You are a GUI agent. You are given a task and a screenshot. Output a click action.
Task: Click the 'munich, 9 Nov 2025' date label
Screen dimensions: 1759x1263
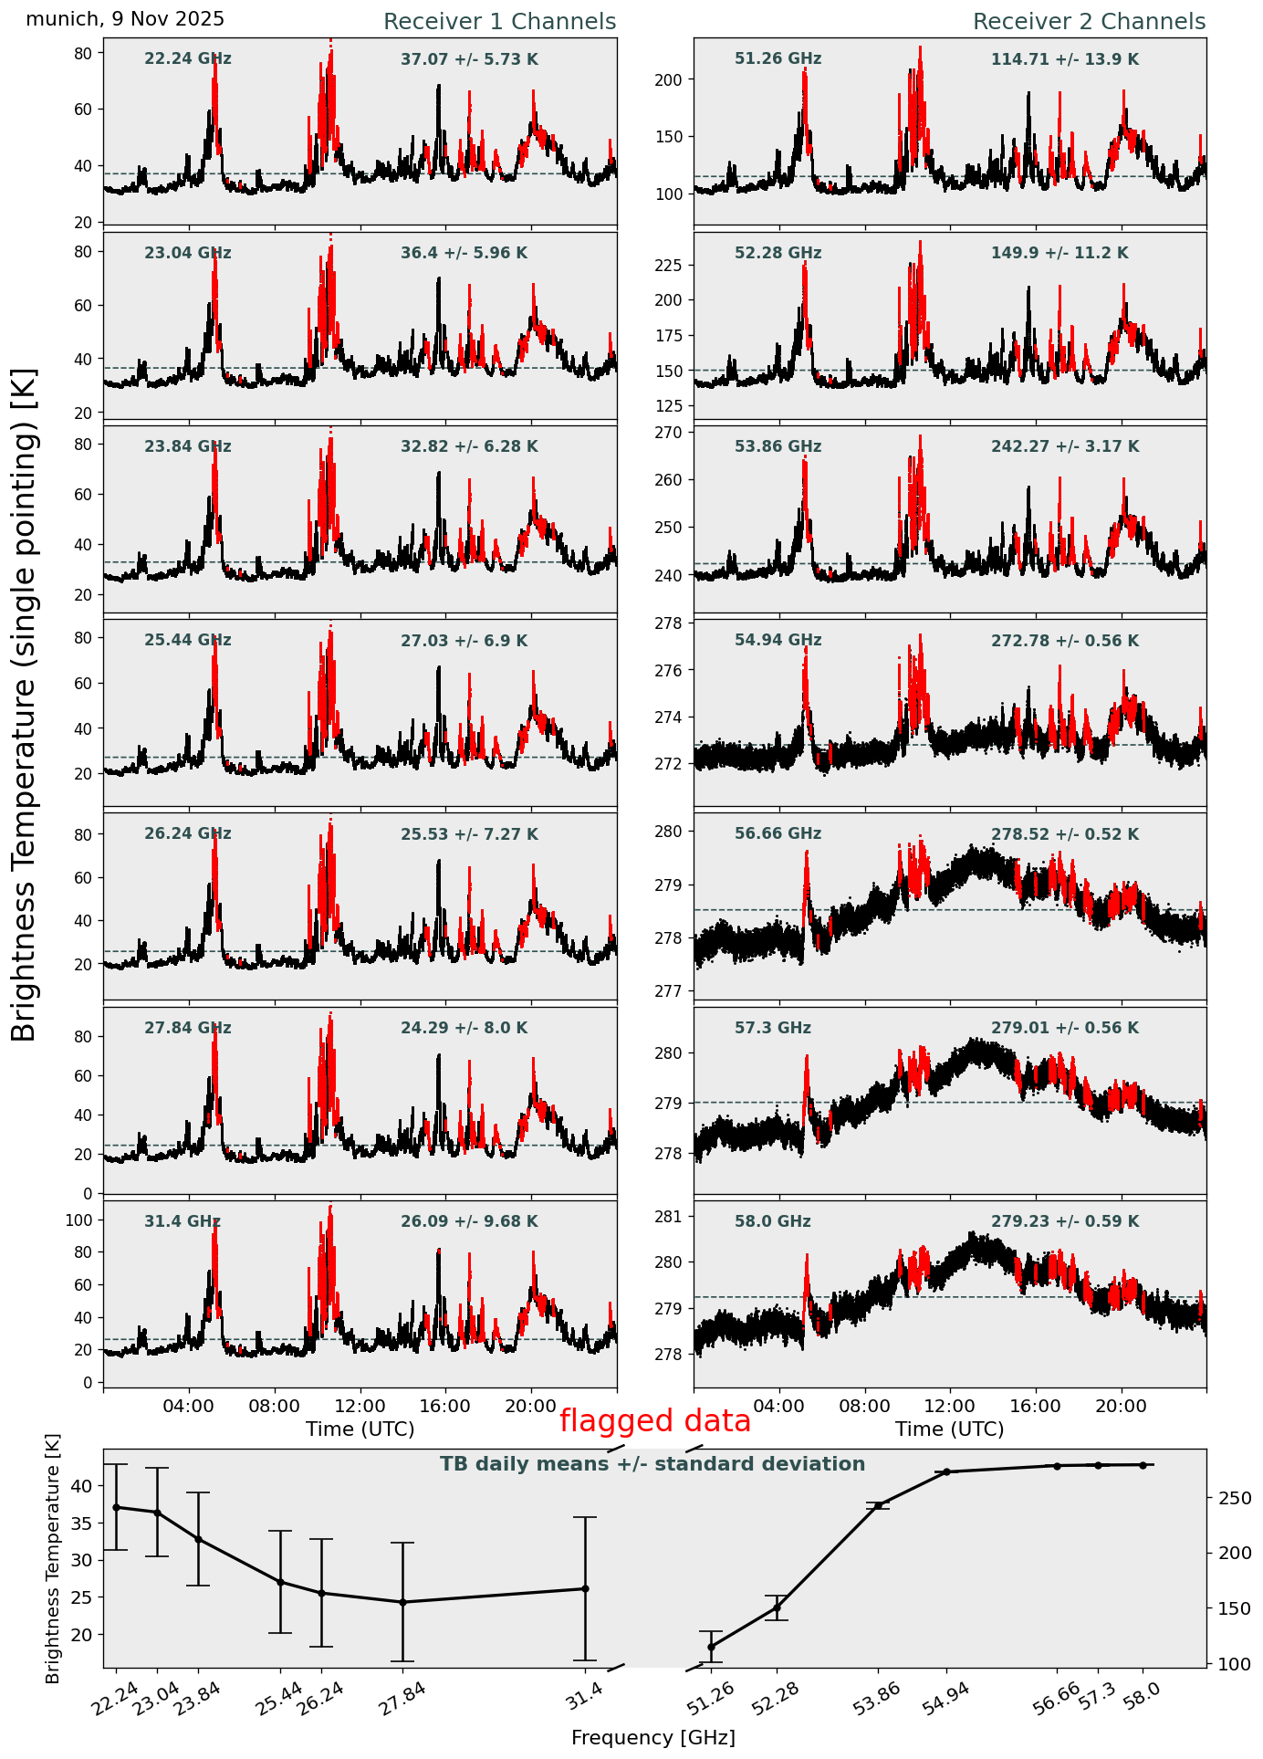[125, 19]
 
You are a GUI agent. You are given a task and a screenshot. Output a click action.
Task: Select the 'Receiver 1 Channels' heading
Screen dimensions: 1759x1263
[499, 22]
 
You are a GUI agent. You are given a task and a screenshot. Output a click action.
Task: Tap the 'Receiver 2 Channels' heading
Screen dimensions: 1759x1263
[1089, 22]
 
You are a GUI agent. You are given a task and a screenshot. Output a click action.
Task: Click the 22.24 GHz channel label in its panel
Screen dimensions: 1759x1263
[188, 59]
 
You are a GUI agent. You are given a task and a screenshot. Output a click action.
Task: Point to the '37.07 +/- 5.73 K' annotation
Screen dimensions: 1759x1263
[469, 59]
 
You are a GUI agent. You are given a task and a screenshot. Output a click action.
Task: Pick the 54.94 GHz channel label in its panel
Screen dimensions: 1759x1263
[778, 641]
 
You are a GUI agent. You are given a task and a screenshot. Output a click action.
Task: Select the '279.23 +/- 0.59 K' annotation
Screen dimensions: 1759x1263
[1065, 1221]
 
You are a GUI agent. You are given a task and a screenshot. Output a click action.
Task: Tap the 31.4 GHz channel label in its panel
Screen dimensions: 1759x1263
[183, 1221]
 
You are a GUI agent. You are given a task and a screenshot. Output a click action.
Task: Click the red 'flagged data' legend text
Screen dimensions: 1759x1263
[655, 1421]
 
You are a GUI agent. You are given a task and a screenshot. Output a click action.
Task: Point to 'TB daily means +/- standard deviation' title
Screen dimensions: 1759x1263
[652, 1464]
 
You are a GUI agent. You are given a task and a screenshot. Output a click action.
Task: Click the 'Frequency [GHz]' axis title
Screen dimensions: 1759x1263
[652, 1737]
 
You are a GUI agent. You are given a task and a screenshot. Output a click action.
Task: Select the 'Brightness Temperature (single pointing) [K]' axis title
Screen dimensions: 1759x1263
[25, 705]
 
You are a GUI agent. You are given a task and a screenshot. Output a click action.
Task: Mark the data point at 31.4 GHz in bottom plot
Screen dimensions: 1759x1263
[585, 1588]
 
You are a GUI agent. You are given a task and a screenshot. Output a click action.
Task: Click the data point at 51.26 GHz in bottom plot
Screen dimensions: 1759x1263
[711, 1647]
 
